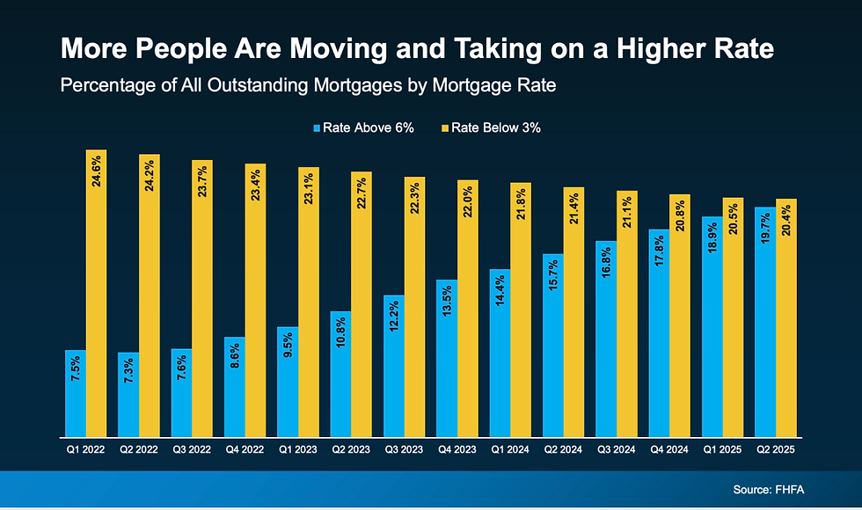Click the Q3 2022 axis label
pos(191,449)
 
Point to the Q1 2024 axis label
pos(509,449)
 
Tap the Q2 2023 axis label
pos(350,449)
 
